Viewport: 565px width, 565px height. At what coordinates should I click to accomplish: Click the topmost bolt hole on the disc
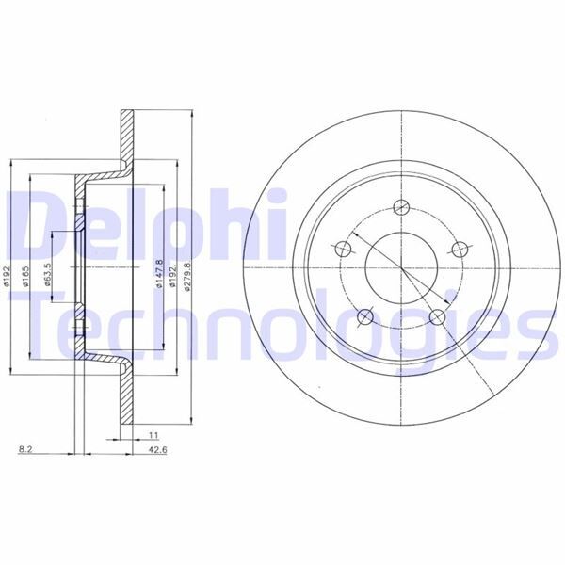pos(401,208)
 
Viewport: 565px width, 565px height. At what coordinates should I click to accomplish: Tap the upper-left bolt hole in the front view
pos(343,249)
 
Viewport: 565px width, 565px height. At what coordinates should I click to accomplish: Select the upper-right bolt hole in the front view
pos(460,249)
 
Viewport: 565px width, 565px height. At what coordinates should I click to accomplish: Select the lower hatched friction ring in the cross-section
pos(126,395)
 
